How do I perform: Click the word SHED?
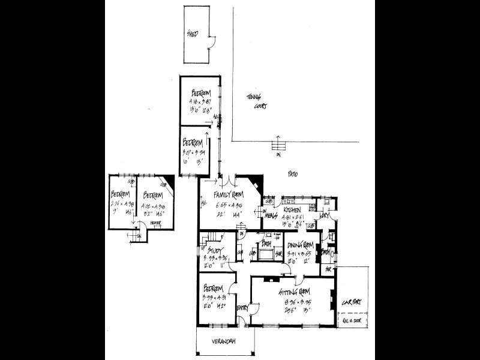(193, 34)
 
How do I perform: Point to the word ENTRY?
(244, 308)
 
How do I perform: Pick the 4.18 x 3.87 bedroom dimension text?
(202, 102)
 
